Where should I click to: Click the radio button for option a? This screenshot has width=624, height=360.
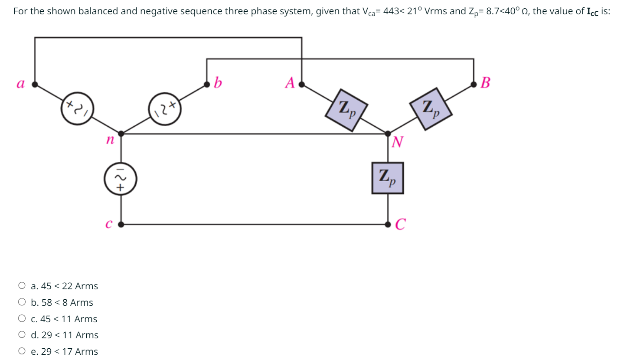(x=22, y=286)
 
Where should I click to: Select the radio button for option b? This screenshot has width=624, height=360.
(x=22, y=302)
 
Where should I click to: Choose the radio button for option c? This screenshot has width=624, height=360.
(x=22, y=319)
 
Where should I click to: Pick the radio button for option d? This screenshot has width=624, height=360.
(x=22, y=335)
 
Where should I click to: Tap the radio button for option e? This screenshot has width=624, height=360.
(x=22, y=351)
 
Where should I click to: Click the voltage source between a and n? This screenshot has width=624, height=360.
(x=78, y=109)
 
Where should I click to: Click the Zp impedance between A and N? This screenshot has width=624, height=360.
(x=347, y=110)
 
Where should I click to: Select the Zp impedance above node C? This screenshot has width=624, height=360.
(x=388, y=177)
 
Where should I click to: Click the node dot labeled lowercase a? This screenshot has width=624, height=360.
(x=35, y=84)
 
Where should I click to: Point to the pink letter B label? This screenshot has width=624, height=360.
(x=486, y=82)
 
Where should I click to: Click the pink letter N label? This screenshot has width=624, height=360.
(x=398, y=142)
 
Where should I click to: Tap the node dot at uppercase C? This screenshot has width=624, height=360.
(x=388, y=224)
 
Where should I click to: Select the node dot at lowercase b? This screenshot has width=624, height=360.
(x=207, y=84)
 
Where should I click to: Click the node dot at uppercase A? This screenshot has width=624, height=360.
(x=302, y=84)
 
